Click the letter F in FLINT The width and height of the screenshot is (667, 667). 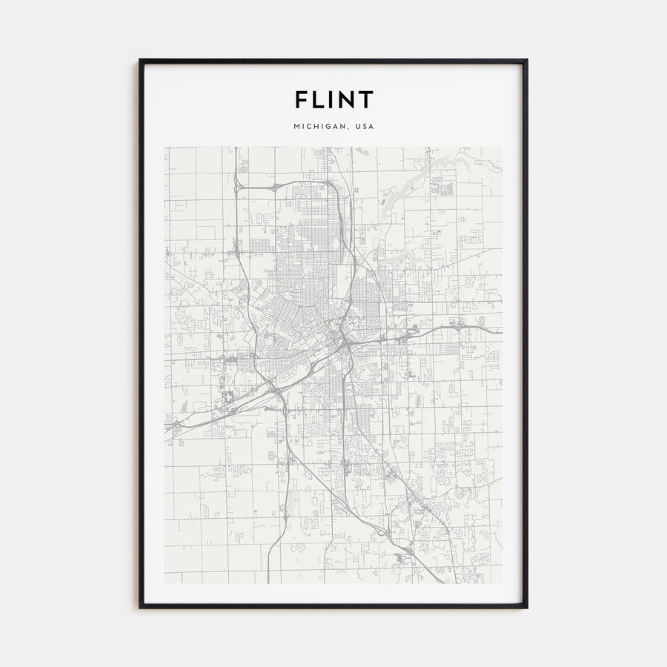point(302,99)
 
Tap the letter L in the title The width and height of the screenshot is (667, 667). point(321,99)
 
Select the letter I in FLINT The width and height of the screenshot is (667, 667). point(335,99)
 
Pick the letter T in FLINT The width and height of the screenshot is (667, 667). point(366,99)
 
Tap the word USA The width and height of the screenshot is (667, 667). point(365,127)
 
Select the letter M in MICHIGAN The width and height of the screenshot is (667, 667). point(296,127)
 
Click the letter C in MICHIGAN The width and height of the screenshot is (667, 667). point(309,127)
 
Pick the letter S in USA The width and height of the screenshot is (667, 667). point(365,127)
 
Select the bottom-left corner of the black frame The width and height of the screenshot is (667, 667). point(140,607)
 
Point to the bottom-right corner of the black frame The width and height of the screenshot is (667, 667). point(526,607)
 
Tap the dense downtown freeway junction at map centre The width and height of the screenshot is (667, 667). point(342,342)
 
